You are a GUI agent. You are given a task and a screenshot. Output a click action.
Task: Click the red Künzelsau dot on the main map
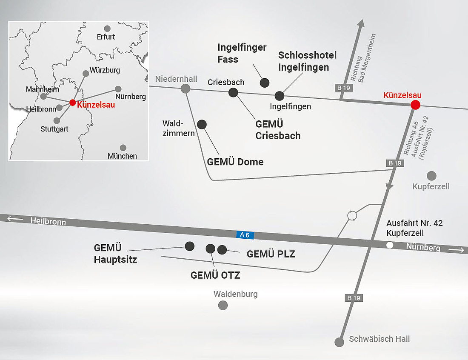tap(415, 105)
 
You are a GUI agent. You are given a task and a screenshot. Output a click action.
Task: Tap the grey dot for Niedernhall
tap(185, 89)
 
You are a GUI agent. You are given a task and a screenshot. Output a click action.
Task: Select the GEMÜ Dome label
tap(235, 162)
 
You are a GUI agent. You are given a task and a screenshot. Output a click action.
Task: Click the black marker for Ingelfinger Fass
tap(265, 83)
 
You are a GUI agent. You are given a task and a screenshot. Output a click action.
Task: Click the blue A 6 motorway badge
tap(245, 234)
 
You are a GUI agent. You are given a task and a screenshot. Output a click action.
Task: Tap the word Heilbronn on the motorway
tap(48, 221)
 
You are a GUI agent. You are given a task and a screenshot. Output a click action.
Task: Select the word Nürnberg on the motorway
tap(423, 247)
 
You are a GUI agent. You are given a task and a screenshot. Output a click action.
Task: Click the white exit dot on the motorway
tap(389, 245)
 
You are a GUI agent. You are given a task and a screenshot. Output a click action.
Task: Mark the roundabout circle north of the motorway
tap(352, 216)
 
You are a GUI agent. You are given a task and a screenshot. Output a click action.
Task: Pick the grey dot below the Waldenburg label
tap(223, 305)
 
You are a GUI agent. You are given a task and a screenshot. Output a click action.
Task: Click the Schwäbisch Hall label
tap(380, 339)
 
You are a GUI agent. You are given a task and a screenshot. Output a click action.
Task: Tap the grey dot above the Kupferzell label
tap(431, 176)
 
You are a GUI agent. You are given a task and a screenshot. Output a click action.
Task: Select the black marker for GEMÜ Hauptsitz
tap(190, 246)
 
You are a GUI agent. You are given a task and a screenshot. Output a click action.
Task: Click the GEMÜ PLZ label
tap(271, 254)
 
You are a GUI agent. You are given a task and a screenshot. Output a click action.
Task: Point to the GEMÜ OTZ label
tap(215, 275)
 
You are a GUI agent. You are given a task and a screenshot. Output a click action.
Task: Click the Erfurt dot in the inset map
tap(107, 29)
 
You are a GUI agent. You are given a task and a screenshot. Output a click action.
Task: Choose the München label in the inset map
tap(123, 156)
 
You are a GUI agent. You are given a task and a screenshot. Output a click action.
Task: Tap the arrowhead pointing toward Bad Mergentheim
tap(361, 23)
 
